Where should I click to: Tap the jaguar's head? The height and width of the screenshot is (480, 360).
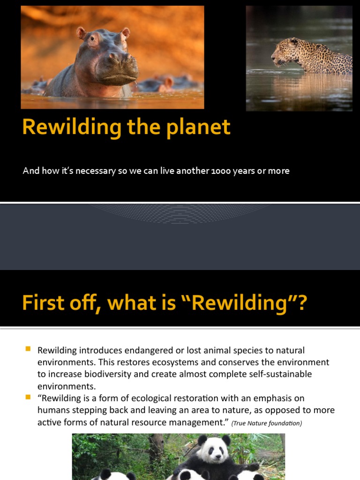coord(284,51)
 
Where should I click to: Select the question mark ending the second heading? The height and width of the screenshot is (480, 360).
coord(301,303)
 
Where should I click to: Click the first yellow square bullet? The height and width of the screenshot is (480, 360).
coord(28,349)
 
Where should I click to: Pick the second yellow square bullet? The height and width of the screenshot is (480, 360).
coord(28,397)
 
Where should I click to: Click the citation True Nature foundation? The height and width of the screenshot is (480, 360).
coord(267,424)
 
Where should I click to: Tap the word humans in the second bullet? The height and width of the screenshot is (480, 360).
coord(52,411)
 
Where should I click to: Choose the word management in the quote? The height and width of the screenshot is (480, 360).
coord(196,422)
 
